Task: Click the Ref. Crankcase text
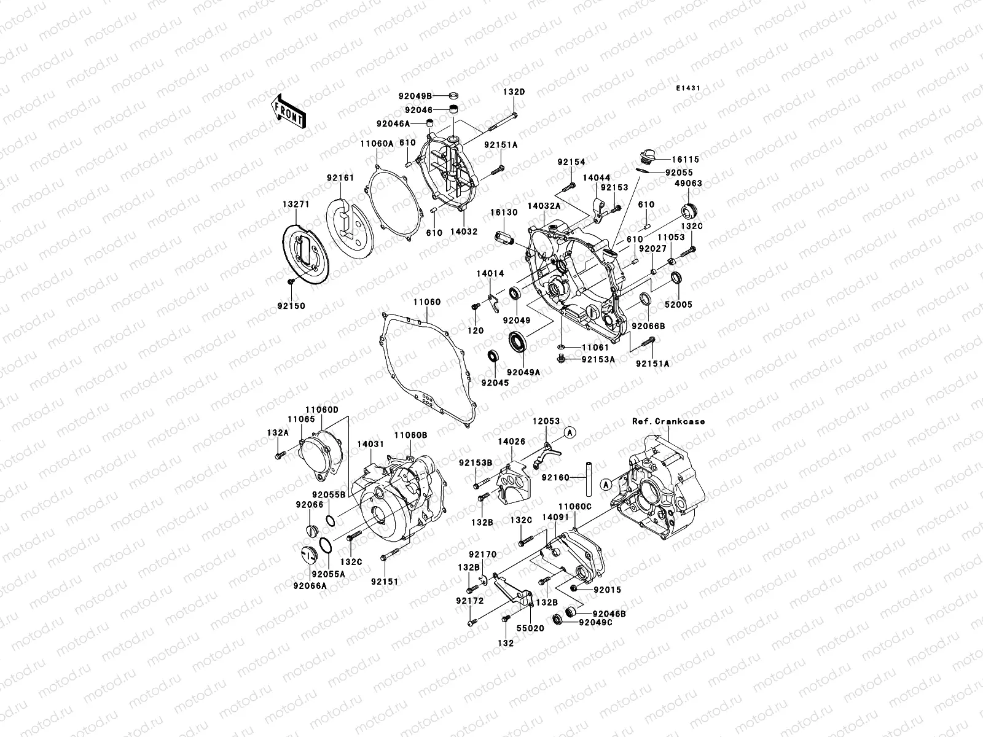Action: coord(668,421)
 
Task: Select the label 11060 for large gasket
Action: coord(426,302)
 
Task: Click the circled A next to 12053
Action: coord(570,432)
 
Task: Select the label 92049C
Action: coord(595,622)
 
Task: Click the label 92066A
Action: coord(310,586)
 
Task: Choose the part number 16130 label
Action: coord(503,212)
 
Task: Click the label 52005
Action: coord(678,305)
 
